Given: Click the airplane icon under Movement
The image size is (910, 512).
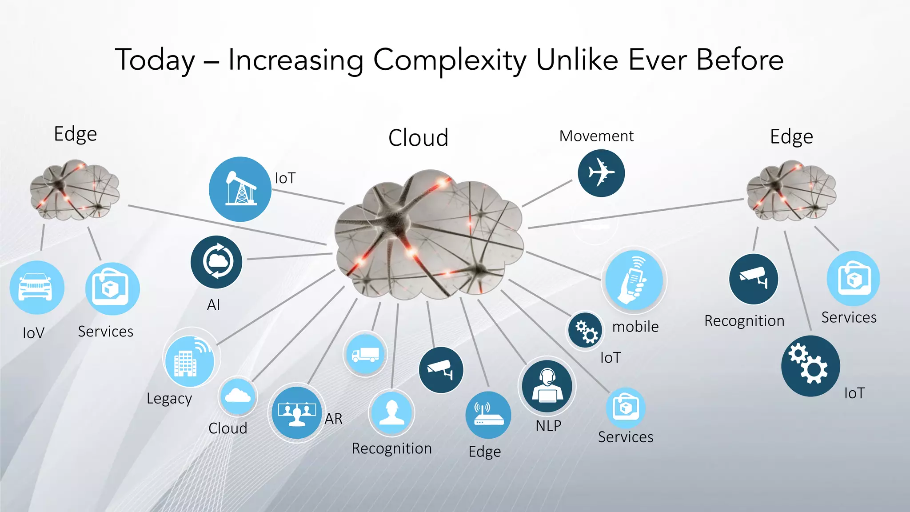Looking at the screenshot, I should tap(601, 173).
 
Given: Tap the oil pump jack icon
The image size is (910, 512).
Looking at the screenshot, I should tap(240, 189).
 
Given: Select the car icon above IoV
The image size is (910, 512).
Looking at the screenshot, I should tap(36, 288).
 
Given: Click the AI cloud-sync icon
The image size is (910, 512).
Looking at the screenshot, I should tap(216, 262).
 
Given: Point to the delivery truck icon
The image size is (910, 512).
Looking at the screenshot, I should tap(365, 354).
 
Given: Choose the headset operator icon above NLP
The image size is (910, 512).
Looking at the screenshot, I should tap(547, 385).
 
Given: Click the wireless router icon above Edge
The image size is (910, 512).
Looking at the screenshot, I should tap(488, 415).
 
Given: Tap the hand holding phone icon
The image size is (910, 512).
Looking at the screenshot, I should tap(634, 280).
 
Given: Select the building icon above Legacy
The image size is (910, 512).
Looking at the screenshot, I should tap(190, 361).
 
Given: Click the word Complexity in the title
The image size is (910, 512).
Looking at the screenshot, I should tap(450, 60).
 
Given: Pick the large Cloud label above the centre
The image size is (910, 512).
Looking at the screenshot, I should tap(418, 138).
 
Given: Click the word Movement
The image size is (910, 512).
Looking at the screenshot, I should tap(596, 136).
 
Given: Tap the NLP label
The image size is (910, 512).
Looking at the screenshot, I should tap(548, 426).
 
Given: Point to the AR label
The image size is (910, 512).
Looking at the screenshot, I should tap(333, 419).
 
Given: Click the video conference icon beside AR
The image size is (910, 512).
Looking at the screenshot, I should tap(297, 413).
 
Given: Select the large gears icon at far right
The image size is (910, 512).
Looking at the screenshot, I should tap(810, 366).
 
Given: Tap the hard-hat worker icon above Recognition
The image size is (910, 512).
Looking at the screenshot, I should tap(391, 412).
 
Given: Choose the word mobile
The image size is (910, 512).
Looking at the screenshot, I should tap(635, 327).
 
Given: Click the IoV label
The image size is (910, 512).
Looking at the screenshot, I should tap(34, 333).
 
